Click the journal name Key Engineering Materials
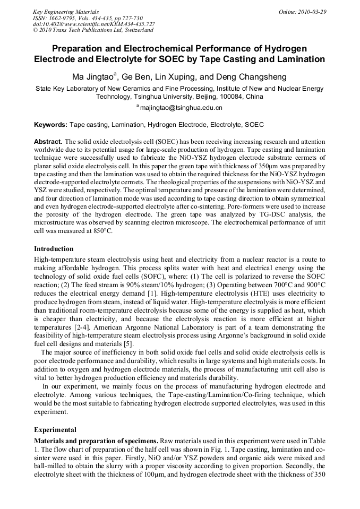coord(66,11)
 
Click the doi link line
coord(94,24)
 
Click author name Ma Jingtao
coord(92,76)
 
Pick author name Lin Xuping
coord(186,76)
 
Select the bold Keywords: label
coord(50,125)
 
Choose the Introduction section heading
coord(54,248)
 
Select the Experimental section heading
coord(55,429)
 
